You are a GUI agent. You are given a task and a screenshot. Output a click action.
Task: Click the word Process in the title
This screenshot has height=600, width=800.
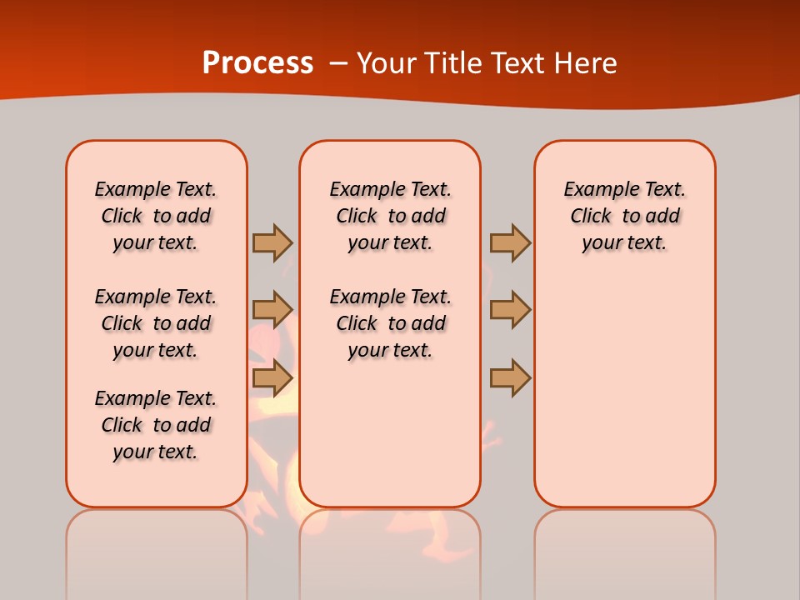(x=257, y=62)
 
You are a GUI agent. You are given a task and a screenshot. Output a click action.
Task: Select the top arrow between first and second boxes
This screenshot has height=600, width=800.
(x=272, y=242)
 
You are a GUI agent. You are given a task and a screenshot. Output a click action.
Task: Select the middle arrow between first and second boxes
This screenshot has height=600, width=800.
(x=272, y=309)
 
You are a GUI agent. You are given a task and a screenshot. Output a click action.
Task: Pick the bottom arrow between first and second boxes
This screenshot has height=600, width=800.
(x=272, y=378)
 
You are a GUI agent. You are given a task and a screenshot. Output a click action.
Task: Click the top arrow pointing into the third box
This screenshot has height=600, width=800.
(x=510, y=242)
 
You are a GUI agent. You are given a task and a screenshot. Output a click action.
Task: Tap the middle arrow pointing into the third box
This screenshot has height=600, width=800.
(x=510, y=309)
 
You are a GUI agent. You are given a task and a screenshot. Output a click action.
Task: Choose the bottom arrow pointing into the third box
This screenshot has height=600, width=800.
(x=510, y=378)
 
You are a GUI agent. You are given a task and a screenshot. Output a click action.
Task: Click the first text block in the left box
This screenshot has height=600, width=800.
(x=156, y=216)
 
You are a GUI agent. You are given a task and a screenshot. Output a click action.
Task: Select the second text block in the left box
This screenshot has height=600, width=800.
(x=156, y=323)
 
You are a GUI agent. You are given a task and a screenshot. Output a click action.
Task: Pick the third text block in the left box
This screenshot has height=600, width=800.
(x=156, y=425)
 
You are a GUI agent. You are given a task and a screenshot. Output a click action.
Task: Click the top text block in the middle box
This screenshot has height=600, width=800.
(x=390, y=216)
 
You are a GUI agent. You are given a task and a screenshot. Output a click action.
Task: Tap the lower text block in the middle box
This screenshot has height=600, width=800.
(x=390, y=323)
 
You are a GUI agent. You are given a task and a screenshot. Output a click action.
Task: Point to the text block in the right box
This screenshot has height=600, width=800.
(x=624, y=216)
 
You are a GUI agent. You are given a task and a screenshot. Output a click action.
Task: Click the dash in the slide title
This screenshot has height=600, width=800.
(x=338, y=62)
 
